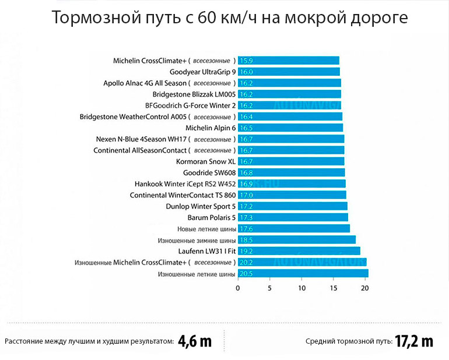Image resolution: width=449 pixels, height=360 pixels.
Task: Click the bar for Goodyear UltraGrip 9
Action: pyautogui.click(x=289, y=72)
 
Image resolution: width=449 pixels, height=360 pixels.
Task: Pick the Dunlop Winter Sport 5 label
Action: pyautogui.click(x=201, y=206)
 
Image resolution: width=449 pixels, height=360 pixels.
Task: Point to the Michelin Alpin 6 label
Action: pyautogui.click(x=211, y=128)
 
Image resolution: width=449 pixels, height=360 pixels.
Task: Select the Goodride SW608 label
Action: pyautogui.click(x=209, y=172)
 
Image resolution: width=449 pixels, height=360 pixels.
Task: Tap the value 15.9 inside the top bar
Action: pyautogui.click(x=245, y=61)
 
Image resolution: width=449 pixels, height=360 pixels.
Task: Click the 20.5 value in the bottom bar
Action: pyautogui.click(x=245, y=273)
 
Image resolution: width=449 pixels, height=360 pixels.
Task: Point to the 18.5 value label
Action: pyautogui.click(x=245, y=240)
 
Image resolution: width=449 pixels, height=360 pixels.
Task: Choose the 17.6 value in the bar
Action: pyautogui.click(x=245, y=229)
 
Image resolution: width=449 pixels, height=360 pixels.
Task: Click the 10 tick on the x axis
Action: pyautogui.click(x=301, y=288)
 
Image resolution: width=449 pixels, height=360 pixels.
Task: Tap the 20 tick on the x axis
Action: pyautogui.click(x=364, y=288)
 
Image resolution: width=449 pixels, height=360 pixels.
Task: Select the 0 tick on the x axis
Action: pyautogui.click(x=238, y=288)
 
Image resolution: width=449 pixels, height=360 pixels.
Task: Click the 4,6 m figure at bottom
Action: pyautogui.click(x=195, y=341)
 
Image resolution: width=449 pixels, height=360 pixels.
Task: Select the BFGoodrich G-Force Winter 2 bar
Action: pyautogui.click(x=289, y=105)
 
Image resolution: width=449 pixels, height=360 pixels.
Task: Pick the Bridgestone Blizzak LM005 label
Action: pyautogui.click(x=194, y=94)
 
